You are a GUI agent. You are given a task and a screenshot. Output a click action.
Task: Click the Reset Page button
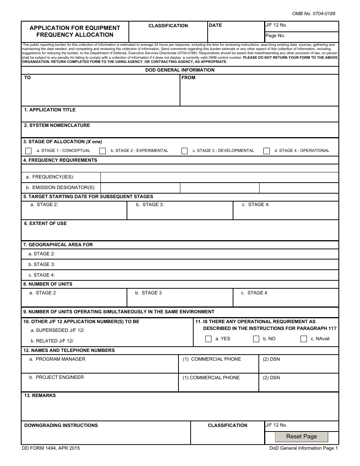(x=301, y=436)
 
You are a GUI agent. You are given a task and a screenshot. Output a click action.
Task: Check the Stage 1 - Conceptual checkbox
(x=28, y=151)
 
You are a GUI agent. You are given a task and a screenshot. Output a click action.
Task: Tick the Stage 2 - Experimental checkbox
(x=102, y=151)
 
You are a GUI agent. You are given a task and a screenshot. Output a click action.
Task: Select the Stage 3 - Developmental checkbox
(x=185, y=151)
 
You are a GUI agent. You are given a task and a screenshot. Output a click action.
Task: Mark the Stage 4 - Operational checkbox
(x=266, y=151)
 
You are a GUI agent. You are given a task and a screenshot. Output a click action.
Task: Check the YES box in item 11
(x=208, y=339)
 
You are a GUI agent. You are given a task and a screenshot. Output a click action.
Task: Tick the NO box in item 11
(x=256, y=339)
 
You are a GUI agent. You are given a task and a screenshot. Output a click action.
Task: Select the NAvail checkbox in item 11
(x=304, y=339)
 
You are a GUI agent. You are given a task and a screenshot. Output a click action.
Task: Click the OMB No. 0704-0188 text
(x=313, y=14)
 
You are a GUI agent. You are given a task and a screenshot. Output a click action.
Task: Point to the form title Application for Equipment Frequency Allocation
(x=75, y=31)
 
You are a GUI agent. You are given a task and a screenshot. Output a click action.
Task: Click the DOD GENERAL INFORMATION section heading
(x=180, y=70)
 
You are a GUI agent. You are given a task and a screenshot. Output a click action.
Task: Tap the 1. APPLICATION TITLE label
(x=50, y=110)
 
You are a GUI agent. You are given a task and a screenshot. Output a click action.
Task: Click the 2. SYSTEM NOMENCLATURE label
(x=57, y=125)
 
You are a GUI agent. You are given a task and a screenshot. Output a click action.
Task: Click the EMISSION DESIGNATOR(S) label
(x=61, y=188)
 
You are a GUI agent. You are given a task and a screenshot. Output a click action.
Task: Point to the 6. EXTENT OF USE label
(x=45, y=224)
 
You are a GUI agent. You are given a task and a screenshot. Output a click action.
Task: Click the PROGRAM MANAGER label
(x=60, y=359)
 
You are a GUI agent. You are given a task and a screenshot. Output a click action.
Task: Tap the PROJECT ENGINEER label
(x=59, y=377)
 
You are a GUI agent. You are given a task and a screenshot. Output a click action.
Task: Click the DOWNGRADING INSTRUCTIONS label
(x=61, y=425)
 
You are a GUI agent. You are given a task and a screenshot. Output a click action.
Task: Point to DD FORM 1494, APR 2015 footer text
(x=51, y=448)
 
